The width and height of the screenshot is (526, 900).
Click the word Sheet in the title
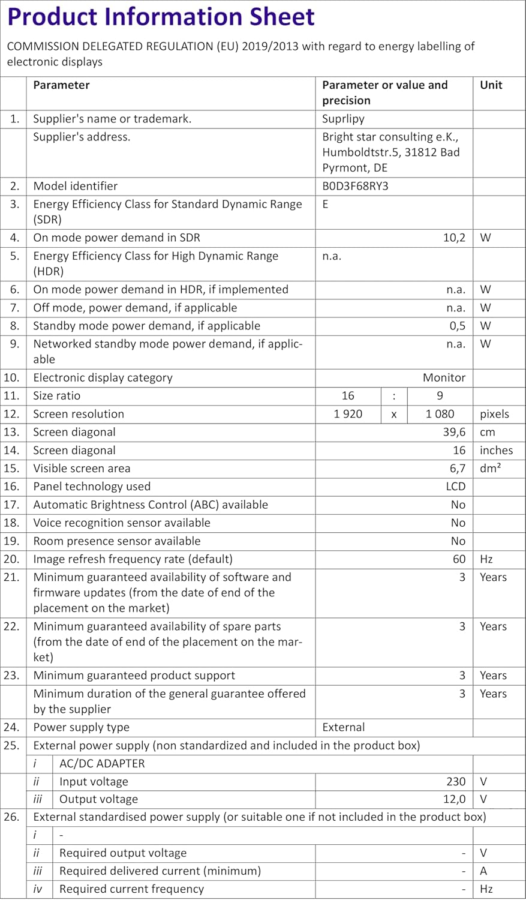[276, 16]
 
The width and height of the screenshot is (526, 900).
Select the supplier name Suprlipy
[343, 119]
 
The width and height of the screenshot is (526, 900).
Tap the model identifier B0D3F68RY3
[355, 186]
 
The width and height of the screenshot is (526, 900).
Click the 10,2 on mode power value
[454, 238]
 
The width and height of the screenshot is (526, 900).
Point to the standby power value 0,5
[456, 326]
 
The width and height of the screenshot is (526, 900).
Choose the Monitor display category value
[444, 377]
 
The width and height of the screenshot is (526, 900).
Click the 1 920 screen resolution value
[348, 413]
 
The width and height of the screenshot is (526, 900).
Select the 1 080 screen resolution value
[440, 413]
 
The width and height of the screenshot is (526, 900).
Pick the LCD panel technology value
[456, 486]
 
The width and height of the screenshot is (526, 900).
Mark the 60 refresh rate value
[459, 559]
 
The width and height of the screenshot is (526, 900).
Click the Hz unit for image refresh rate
[486, 559]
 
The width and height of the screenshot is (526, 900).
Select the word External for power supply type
[343, 727]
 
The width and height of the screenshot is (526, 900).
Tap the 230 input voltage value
[456, 781]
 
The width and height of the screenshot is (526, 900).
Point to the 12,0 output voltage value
[454, 799]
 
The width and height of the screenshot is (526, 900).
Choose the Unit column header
[491, 85]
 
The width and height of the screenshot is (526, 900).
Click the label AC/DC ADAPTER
[102, 763]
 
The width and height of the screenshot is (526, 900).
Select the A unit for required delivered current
[483, 871]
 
